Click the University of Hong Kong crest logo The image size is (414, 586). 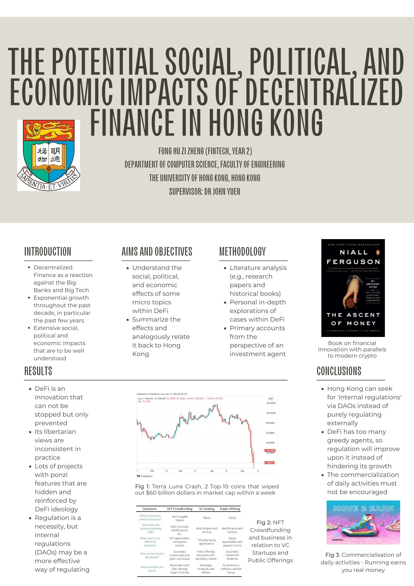tap(49, 155)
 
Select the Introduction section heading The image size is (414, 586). tap(48, 251)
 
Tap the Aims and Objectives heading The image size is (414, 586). tap(157, 251)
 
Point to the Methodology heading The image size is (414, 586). tap(242, 251)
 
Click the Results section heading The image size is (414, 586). tap(38, 371)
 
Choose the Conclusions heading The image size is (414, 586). tap(339, 371)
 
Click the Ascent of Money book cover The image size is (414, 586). tap(353, 288)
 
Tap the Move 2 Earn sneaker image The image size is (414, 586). tap(363, 522)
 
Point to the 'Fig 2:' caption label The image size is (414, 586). tap(264, 522)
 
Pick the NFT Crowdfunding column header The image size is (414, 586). tap(179, 509)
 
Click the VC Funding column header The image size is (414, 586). tap(207, 509)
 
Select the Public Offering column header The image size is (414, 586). tap(230, 509)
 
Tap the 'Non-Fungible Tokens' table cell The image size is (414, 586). tap(179, 518)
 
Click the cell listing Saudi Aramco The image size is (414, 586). tap(231, 569)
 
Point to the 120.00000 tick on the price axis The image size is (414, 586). tap(271, 403)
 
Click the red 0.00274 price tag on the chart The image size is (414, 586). tap(270, 463)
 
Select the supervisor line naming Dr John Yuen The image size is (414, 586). tap(205, 192)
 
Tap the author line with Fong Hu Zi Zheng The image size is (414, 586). tap(205, 151)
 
